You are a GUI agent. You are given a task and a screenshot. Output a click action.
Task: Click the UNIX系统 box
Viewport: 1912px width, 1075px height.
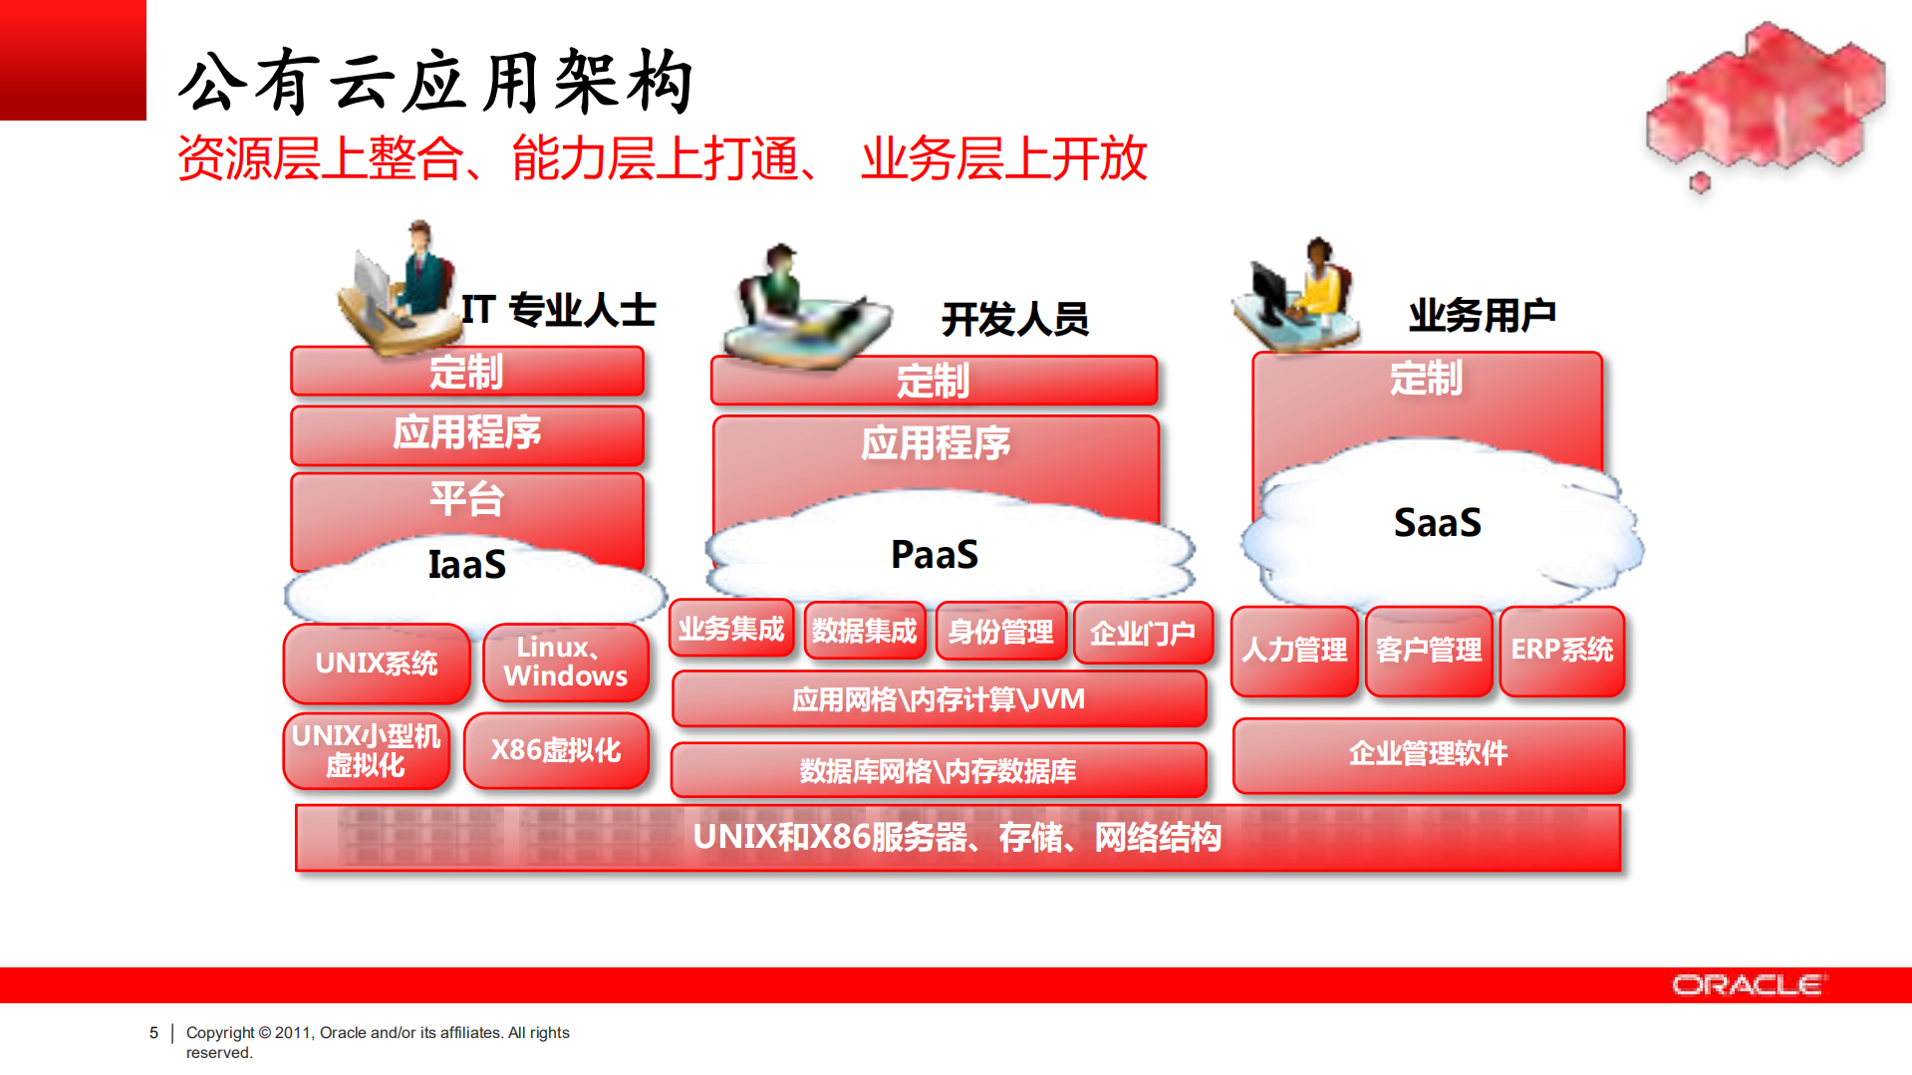click(x=376, y=664)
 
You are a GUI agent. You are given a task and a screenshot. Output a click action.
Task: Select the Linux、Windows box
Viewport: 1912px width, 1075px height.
click(x=565, y=663)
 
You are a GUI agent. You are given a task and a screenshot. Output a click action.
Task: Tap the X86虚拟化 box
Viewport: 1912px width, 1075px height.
click(x=556, y=750)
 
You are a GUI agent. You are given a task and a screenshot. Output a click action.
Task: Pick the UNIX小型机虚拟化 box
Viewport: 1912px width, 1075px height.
click(x=366, y=750)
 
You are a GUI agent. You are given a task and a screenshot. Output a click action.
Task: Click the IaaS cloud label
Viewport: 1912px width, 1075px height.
click(x=466, y=565)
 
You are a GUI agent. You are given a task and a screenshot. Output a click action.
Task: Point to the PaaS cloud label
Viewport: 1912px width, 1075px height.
click(x=934, y=555)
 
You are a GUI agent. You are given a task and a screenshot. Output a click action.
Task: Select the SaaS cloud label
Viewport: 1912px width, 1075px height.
click(x=1437, y=523)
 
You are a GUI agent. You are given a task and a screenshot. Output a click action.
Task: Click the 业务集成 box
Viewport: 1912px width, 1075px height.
click(x=731, y=629)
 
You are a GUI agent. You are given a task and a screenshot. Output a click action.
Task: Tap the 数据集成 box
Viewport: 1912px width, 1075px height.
click(x=864, y=631)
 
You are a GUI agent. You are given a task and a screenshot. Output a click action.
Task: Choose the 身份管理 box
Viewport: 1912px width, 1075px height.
click(x=1000, y=632)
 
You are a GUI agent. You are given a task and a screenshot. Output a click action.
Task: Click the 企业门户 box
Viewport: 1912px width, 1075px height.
click(x=1142, y=633)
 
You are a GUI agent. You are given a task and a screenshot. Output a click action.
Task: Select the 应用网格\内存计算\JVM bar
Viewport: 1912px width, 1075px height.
click(x=938, y=699)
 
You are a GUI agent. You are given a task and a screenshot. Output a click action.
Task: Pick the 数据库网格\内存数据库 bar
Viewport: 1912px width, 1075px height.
click(x=938, y=770)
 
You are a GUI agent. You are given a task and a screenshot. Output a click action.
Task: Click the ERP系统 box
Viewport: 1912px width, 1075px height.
click(x=1561, y=651)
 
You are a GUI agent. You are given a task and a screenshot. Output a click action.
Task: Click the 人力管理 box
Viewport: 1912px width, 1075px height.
click(x=1294, y=651)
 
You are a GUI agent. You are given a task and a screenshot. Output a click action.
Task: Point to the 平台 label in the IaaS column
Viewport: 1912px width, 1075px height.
click(x=466, y=498)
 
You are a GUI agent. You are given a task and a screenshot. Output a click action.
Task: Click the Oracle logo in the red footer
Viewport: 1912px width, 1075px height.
click(x=1748, y=985)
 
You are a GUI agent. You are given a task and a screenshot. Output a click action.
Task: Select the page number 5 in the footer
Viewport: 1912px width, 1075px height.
click(x=153, y=1033)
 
